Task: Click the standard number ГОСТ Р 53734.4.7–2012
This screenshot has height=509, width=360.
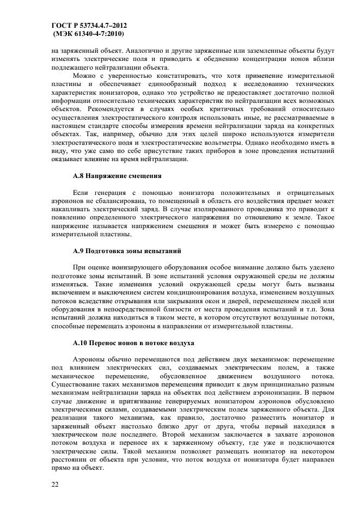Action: coord(89,26)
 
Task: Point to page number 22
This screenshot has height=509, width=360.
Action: coord(56,482)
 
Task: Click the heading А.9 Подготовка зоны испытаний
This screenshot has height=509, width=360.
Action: coord(127,251)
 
